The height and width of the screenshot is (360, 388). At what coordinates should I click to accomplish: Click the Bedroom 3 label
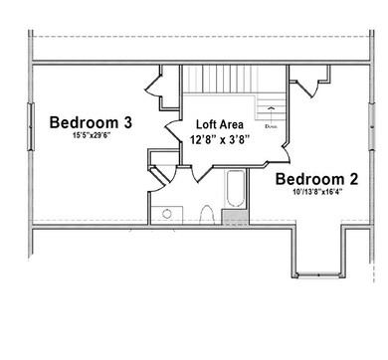91,122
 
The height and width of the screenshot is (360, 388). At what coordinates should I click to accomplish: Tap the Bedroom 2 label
317,179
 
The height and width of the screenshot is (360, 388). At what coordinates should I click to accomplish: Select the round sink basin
166,213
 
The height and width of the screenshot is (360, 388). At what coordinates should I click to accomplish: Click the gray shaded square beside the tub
235,216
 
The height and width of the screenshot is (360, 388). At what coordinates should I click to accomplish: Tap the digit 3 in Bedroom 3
127,122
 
